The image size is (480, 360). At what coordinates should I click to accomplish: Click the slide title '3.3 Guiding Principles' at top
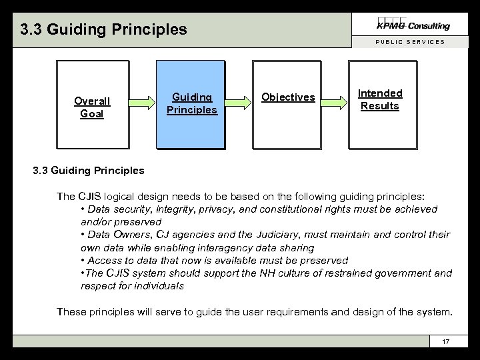[103, 29]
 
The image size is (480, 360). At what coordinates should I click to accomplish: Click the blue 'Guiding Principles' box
[191, 104]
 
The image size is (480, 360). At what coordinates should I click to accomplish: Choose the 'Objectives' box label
[288, 97]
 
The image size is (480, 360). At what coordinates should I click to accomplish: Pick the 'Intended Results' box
[380, 100]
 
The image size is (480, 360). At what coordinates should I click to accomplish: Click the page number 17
[447, 342]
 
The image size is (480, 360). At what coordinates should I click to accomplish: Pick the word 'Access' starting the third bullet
[105, 260]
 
